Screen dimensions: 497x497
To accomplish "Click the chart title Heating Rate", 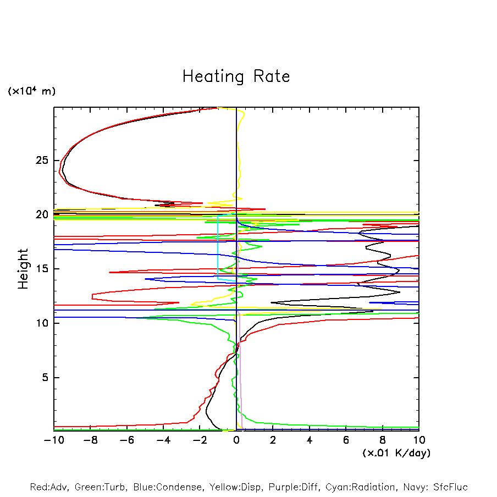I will tap(236, 76).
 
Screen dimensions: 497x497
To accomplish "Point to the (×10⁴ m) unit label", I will tap(31, 91).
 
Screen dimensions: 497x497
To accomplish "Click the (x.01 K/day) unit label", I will tap(396, 452).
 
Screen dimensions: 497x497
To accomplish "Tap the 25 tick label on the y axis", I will tap(42, 161).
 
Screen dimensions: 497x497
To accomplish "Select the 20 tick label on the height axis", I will tap(42, 214).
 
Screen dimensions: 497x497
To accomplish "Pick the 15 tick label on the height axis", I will tap(42, 269).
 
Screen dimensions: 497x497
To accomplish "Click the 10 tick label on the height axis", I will tap(42, 323).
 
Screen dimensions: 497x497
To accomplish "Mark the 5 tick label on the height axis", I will tap(45, 377).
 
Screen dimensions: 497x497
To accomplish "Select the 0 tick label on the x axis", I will tap(236, 440).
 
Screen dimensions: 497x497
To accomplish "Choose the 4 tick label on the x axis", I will tap(310, 440).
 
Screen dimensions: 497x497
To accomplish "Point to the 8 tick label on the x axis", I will tap(383, 440).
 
